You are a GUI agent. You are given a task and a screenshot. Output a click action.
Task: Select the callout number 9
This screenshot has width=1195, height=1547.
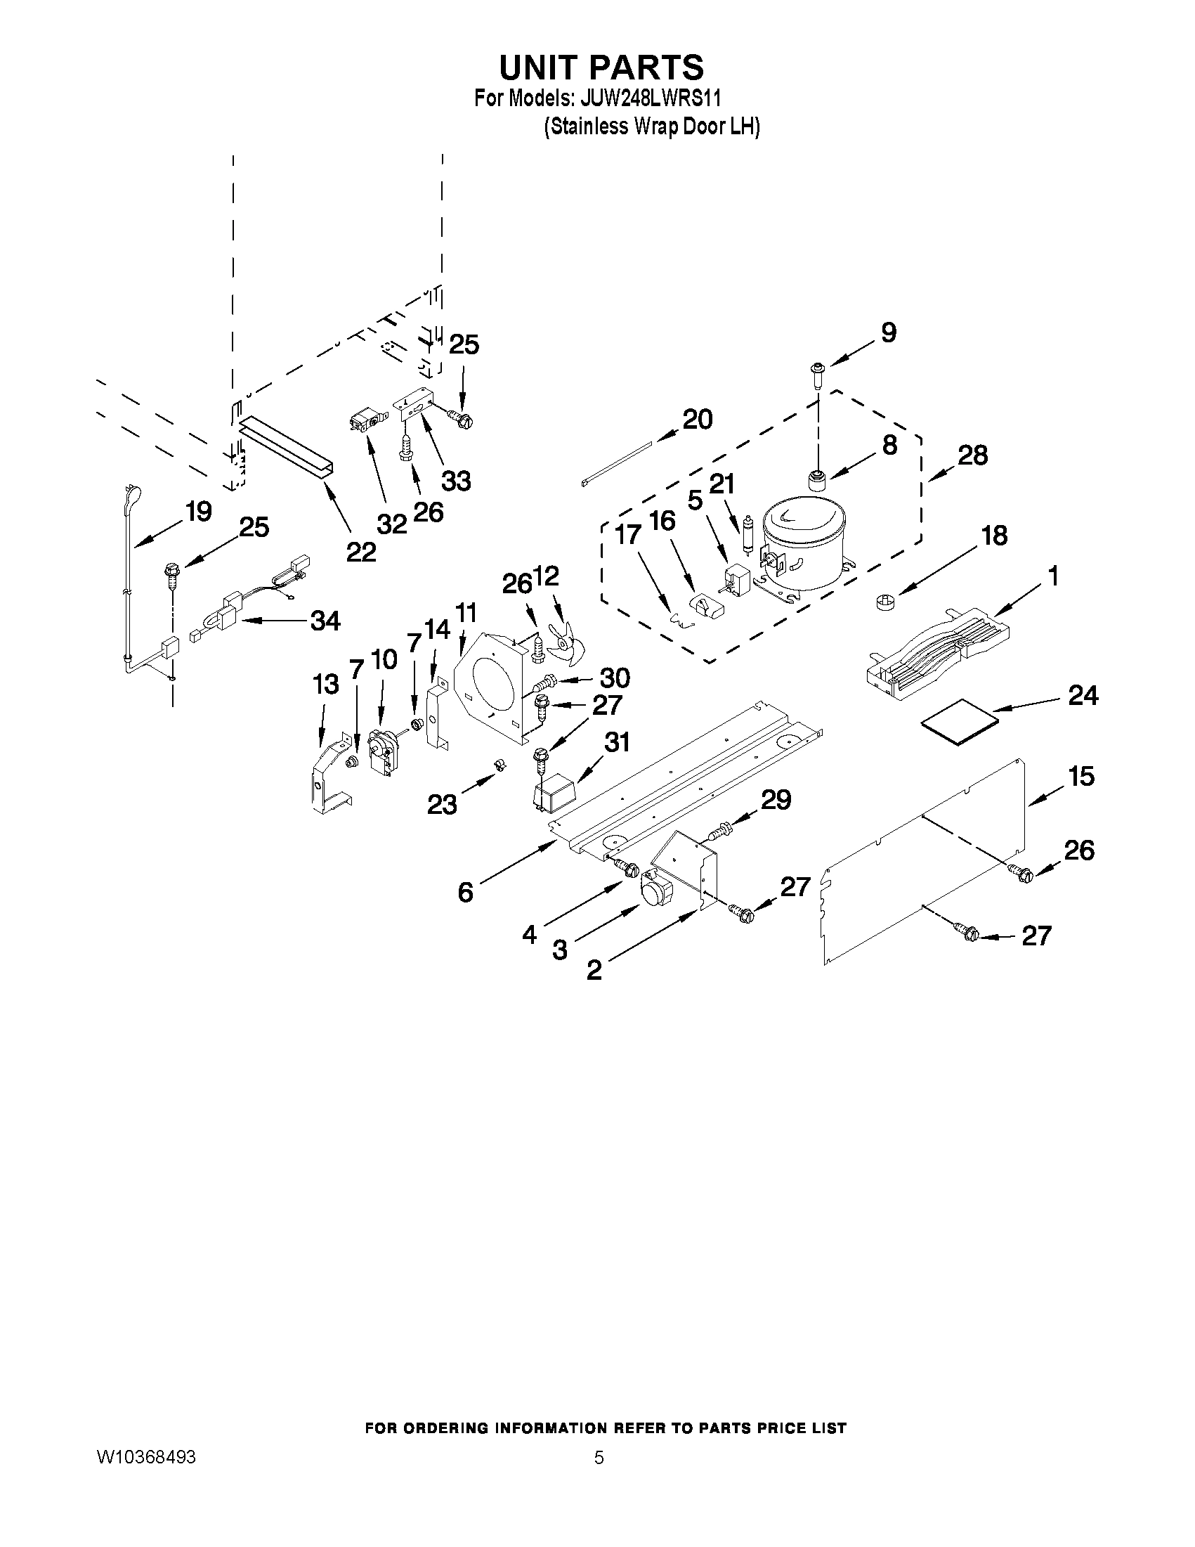click(889, 332)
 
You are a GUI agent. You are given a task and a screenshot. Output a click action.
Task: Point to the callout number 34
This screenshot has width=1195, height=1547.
click(325, 621)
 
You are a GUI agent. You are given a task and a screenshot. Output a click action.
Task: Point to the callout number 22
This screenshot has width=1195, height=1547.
click(361, 551)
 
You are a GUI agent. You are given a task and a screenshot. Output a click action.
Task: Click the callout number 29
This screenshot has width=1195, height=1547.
click(776, 800)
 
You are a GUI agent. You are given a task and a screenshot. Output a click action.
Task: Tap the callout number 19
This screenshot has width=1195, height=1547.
click(198, 512)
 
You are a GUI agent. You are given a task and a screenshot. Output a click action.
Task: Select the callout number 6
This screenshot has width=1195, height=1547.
click(465, 893)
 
